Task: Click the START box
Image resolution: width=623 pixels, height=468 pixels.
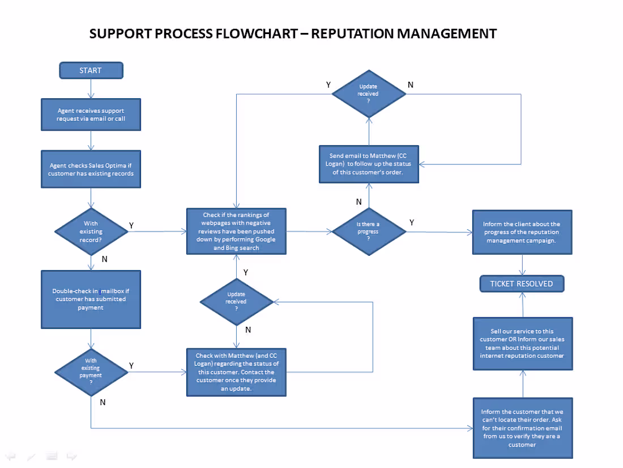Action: (91, 70)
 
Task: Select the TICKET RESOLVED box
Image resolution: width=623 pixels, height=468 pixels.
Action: (522, 284)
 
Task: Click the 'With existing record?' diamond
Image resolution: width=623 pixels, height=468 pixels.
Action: (91, 231)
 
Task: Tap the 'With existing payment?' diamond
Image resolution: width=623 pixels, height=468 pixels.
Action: (91, 371)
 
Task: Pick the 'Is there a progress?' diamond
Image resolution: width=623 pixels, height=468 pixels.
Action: (368, 231)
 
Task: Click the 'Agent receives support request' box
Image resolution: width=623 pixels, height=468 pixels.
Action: (91, 115)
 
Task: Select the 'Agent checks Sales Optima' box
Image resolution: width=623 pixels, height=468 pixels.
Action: (91, 169)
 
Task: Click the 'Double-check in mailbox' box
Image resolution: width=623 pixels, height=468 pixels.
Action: (91, 299)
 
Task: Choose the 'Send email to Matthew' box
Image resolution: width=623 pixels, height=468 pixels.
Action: (369, 164)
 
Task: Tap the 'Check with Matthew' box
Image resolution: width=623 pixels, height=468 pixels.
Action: (236, 372)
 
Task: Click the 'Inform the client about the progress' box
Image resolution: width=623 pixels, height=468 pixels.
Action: (522, 232)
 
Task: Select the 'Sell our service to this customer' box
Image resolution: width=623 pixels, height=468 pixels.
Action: (522, 343)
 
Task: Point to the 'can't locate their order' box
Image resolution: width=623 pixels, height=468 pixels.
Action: (522, 428)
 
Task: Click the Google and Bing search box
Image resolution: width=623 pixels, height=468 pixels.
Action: (236, 231)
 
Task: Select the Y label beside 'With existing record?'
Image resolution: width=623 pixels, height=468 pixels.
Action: (131, 225)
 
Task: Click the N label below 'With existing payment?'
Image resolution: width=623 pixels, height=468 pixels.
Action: (103, 402)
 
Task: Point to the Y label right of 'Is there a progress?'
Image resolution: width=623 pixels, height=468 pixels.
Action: (412, 223)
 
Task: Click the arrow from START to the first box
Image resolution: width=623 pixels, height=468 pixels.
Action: (91, 88)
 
